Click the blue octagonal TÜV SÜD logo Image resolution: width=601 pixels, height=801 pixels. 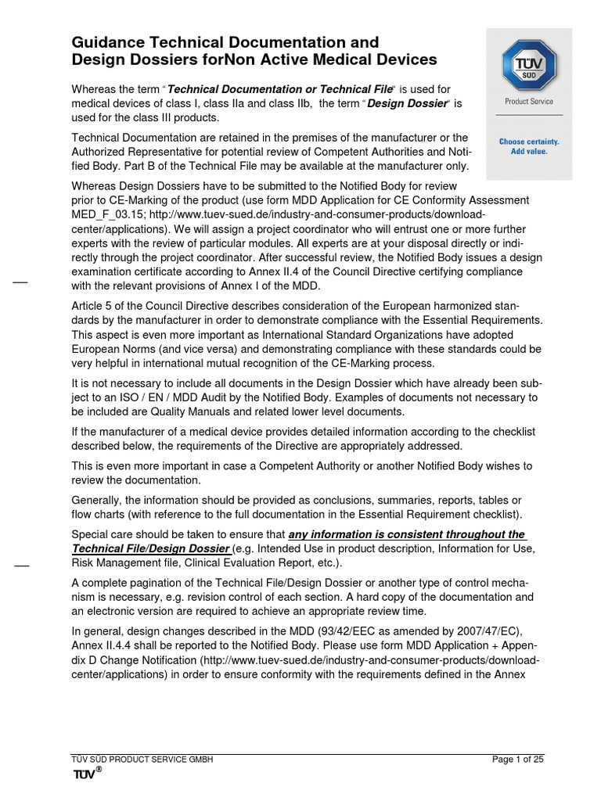[x=528, y=63]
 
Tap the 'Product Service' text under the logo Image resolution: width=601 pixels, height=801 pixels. [x=529, y=102]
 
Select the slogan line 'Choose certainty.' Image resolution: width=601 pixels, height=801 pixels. [x=529, y=142]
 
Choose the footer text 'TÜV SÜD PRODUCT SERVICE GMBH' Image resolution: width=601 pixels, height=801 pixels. [x=142, y=760]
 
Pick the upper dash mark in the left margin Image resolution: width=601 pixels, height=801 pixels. [x=21, y=281]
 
